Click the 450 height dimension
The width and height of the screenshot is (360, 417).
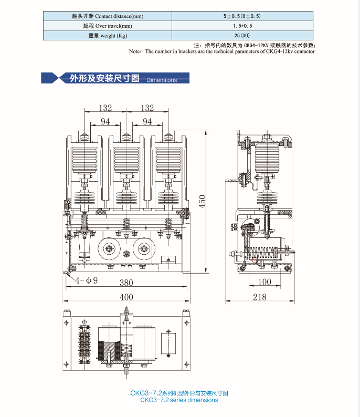[x=203, y=200]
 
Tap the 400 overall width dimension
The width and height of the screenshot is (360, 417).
[x=126, y=297]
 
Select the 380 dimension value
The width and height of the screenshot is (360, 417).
[x=126, y=283]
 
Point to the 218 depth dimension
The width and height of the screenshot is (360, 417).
[x=259, y=297]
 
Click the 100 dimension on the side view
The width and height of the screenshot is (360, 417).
[x=265, y=282]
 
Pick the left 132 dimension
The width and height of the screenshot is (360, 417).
[x=105, y=108]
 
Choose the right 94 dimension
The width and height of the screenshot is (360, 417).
[x=147, y=121]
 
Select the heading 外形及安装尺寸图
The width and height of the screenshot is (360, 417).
[x=104, y=79]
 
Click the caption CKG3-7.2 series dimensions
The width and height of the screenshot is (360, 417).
[x=179, y=400]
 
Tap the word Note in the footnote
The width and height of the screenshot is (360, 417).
[x=135, y=51]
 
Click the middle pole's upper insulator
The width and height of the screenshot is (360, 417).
[x=126, y=157]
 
